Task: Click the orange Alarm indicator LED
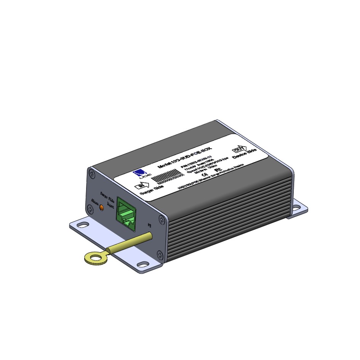coord(101,207)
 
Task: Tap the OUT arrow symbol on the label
coord(239,149)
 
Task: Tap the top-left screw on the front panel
coord(93,174)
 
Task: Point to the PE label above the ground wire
coord(149,225)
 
